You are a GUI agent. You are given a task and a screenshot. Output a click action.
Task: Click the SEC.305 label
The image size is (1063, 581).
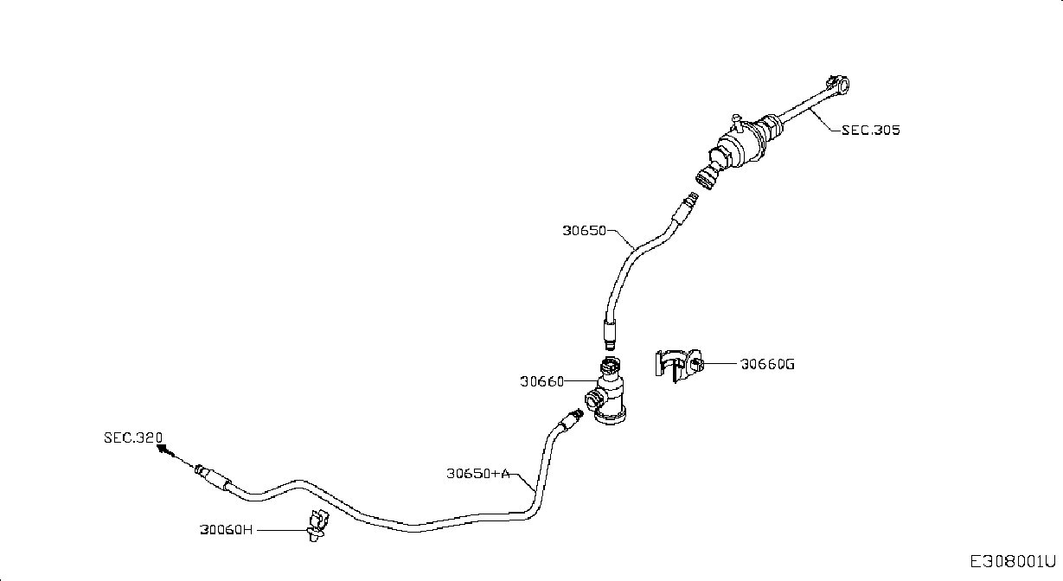[870, 130]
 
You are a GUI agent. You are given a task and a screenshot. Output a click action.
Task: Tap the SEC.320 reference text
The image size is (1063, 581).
[133, 437]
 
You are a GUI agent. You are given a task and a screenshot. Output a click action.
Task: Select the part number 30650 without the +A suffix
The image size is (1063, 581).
[584, 231]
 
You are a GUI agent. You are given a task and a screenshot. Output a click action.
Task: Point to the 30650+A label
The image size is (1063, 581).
[478, 473]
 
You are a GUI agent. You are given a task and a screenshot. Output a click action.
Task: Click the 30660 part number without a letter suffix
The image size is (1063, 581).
[541, 381]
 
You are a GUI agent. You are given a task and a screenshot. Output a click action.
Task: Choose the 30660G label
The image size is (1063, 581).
[767, 364]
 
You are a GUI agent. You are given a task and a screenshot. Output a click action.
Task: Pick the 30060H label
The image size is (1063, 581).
[226, 530]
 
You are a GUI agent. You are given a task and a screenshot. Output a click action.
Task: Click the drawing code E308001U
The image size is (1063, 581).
[1013, 562]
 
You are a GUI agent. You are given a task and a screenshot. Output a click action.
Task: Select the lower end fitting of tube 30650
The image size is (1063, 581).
[609, 335]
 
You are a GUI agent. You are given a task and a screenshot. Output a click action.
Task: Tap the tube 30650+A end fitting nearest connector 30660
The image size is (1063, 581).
[572, 419]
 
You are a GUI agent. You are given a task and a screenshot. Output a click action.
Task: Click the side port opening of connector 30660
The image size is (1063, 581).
[593, 400]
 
